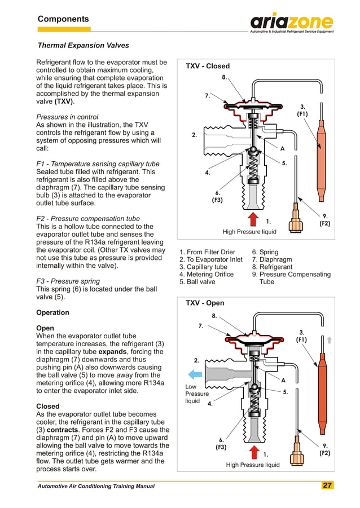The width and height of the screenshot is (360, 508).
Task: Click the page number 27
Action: point(327,485)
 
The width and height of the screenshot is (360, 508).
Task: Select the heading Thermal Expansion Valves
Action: point(83,45)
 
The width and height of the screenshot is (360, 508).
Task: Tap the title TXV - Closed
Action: point(208,66)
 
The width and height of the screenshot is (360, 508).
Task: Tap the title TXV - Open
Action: point(205,303)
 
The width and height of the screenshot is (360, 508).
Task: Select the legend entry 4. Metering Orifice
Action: point(206,275)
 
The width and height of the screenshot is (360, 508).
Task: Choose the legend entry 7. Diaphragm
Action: point(272,259)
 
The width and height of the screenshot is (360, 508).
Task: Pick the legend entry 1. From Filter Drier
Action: point(207,252)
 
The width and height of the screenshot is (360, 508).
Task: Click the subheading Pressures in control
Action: point(67,117)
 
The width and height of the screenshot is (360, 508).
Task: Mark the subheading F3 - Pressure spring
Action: point(68,281)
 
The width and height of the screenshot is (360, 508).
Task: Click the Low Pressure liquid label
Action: point(197,394)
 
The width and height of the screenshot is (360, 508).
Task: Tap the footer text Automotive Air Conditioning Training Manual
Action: point(96,486)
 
